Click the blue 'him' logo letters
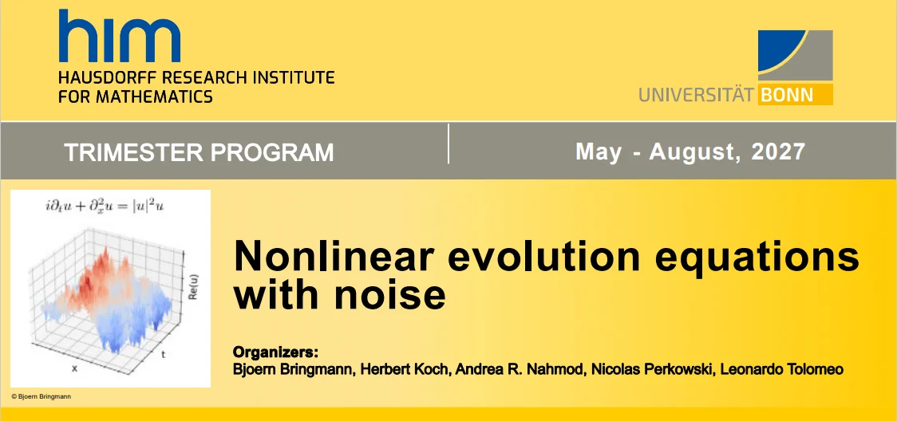click(119, 35)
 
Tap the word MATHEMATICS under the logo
click(156, 96)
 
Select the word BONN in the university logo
click(786, 94)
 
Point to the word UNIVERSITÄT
click(697, 94)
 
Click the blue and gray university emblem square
click(795, 55)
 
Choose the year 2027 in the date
click(779, 151)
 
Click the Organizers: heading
click(275, 352)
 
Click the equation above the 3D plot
click(105, 206)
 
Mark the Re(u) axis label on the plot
click(193, 290)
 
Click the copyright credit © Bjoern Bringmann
click(41, 396)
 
